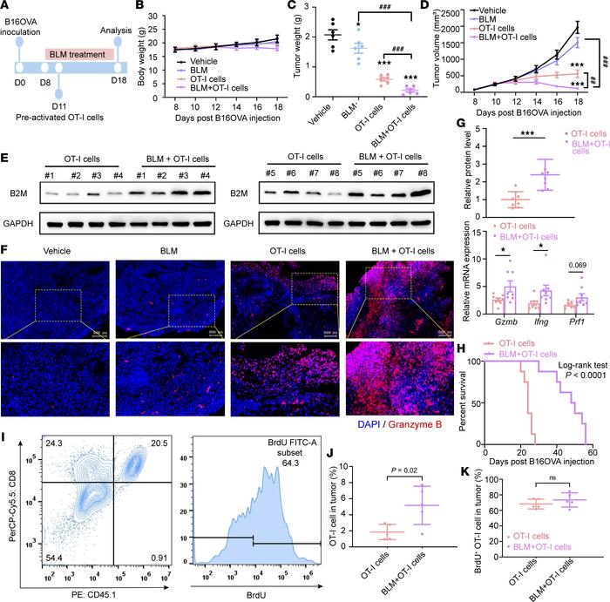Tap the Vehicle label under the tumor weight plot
point(308,114)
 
